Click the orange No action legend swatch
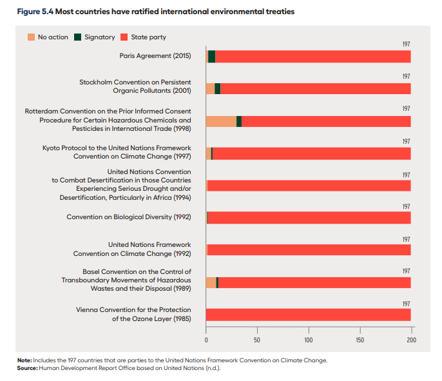pyautogui.click(x=32, y=37)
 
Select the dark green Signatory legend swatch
pyautogui.click(x=78, y=37)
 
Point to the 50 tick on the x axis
pyautogui.click(x=257, y=339)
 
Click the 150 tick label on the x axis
pyautogui.click(x=360, y=339)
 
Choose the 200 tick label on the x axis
pyautogui.click(x=411, y=339)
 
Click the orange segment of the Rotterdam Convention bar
pyautogui.click(x=221, y=121)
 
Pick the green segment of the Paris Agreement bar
pyautogui.click(x=211, y=56)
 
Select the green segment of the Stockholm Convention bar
pyautogui.click(x=217, y=89)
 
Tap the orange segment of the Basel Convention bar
pyautogui.click(x=211, y=282)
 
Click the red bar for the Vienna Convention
pyautogui.click(x=308, y=315)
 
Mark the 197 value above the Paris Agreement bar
pyautogui.click(x=406, y=44)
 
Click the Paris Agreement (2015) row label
pyautogui.click(x=155, y=56)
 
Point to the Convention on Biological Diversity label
pyautogui.click(x=129, y=217)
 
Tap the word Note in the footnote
pyautogui.click(x=24, y=360)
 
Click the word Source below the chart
pyautogui.click(x=27, y=367)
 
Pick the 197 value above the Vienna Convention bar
pyautogui.click(x=406, y=303)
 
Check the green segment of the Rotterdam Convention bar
pyautogui.click(x=239, y=121)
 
